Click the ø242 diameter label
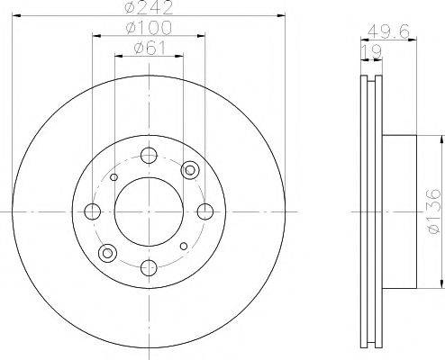point(149,7)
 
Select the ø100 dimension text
point(149,28)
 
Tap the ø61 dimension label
point(150,48)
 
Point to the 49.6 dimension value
point(389,31)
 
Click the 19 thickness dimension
point(371,51)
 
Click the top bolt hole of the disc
point(149,156)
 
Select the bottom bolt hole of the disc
point(149,268)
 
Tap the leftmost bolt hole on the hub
point(93,211)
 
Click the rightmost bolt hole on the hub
point(205,211)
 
